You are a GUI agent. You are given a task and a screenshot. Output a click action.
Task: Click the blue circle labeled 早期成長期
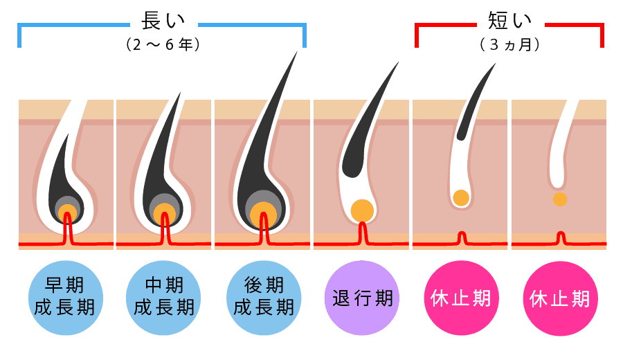pyautogui.click(x=65, y=298)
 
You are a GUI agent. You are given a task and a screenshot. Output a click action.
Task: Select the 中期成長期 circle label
pyautogui.click(x=164, y=298)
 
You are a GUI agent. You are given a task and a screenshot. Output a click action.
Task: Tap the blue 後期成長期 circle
pyautogui.click(x=264, y=298)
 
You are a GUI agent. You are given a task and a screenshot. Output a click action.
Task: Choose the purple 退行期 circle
pyautogui.click(x=362, y=298)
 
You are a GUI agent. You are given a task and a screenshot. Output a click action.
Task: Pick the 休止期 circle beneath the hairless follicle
pyautogui.click(x=559, y=298)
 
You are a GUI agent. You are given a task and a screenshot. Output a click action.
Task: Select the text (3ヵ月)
pyautogui.click(x=509, y=45)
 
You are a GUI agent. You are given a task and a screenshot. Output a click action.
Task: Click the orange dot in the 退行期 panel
pyautogui.click(x=362, y=210)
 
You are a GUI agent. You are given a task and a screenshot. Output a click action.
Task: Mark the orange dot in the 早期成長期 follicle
pyautogui.click(x=66, y=212)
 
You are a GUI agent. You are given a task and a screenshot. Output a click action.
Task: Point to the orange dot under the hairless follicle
pyautogui.click(x=560, y=199)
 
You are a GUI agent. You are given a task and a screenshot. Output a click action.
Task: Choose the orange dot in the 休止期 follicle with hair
pyautogui.click(x=461, y=197)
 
